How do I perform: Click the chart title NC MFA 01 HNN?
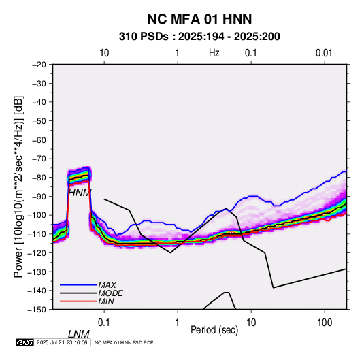click(199, 19)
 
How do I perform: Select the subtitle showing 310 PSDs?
click(199, 37)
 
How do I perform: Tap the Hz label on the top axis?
click(214, 53)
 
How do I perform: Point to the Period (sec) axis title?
click(214, 330)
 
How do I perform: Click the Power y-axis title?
click(18, 186)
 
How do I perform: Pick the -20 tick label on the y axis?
click(39, 65)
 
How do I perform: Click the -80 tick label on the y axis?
click(39, 178)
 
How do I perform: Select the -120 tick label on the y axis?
click(37, 252)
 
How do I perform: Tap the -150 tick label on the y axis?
click(37, 310)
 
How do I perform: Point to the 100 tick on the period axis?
click(325, 323)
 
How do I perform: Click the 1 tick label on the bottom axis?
click(178, 323)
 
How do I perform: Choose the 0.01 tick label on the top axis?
click(324, 53)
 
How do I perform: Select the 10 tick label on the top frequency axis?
click(104, 53)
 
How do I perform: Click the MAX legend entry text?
click(107, 284)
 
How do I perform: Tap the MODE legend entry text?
click(110, 293)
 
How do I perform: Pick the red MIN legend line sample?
click(78, 301)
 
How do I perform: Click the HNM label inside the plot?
click(80, 193)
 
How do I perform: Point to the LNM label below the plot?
click(79, 334)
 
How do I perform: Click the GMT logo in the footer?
click(25, 342)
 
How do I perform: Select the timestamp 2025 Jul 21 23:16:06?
click(62, 342)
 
